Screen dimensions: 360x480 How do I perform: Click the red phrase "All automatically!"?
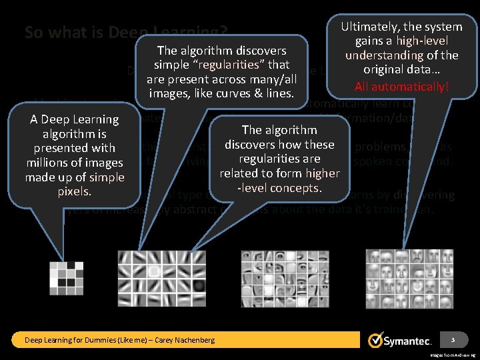401,86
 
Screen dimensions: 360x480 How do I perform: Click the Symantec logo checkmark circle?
375,340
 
